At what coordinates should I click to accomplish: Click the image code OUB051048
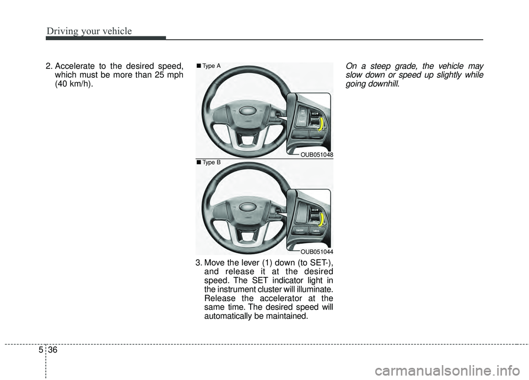tap(316, 154)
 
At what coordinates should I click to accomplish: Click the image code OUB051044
tap(316, 251)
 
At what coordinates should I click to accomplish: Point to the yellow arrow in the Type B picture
tap(321, 220)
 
